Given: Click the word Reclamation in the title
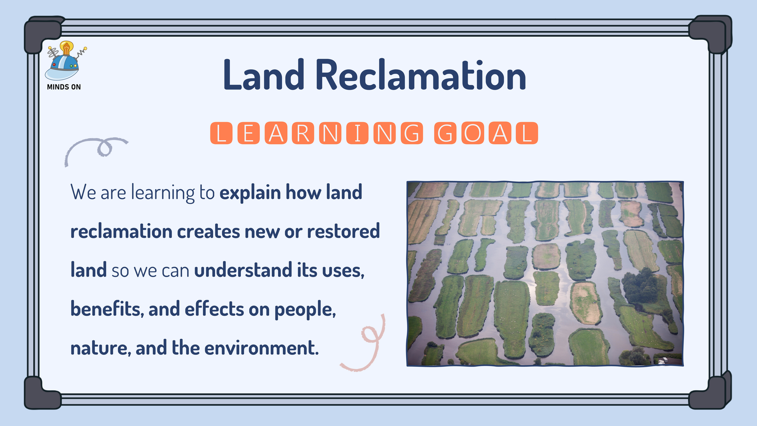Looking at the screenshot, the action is click(421, 75).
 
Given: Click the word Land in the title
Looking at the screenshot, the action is click(264, 75).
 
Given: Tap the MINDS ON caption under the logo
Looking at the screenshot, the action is click(64, 87).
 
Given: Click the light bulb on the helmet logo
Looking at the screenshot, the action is click(67, 48).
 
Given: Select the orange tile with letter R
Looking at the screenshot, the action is click(303, 133).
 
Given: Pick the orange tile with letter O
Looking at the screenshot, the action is click(473, 133).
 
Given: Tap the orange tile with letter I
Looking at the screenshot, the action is click(357, 133).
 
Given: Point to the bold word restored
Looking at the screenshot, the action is click(343, 231).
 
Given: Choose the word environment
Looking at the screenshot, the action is click(261, 348).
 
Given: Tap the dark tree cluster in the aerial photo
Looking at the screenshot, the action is click(641, 286).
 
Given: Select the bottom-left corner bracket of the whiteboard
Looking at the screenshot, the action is click(42, 393).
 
